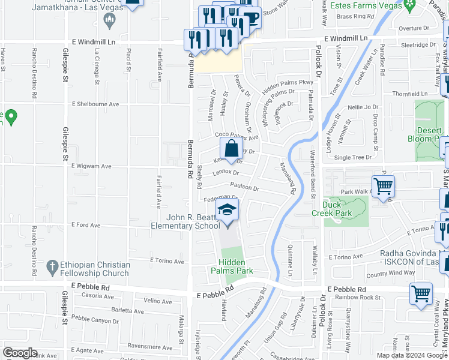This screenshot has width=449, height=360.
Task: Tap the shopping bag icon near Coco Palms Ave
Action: tap(231, 148)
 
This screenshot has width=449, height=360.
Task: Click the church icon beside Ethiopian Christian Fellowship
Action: tap(53, 265)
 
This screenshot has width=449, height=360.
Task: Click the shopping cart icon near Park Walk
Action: tap(383, 187)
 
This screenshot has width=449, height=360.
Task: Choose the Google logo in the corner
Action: tap(20, 353)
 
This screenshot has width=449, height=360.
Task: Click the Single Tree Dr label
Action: tap(353, 157)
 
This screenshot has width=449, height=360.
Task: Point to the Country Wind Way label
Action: tap(390, 273)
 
